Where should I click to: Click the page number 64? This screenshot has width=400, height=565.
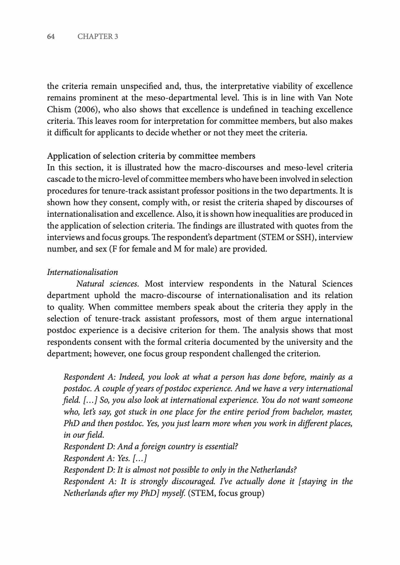pyautogui.click(x=51, y=37)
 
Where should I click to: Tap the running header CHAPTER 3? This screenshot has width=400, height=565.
pyautogui.click(x=98, y=37)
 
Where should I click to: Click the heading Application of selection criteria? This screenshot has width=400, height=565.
pyautogui.click(x=151, y=156)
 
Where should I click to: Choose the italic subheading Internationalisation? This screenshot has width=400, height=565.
pyautogui.click(x=82, y=272)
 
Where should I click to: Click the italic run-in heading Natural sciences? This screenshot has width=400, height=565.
pyautogui.click(x=107, y=284)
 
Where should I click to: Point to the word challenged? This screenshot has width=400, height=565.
pyautogui.click(x=253, y=354)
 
